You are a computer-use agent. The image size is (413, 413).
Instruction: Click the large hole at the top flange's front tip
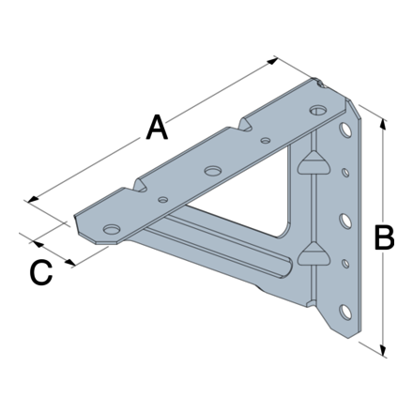pos(112,228)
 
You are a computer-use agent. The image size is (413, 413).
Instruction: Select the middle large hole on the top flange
pos(214,171)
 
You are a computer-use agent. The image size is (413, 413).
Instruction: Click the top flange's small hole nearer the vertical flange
pos(267,142)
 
